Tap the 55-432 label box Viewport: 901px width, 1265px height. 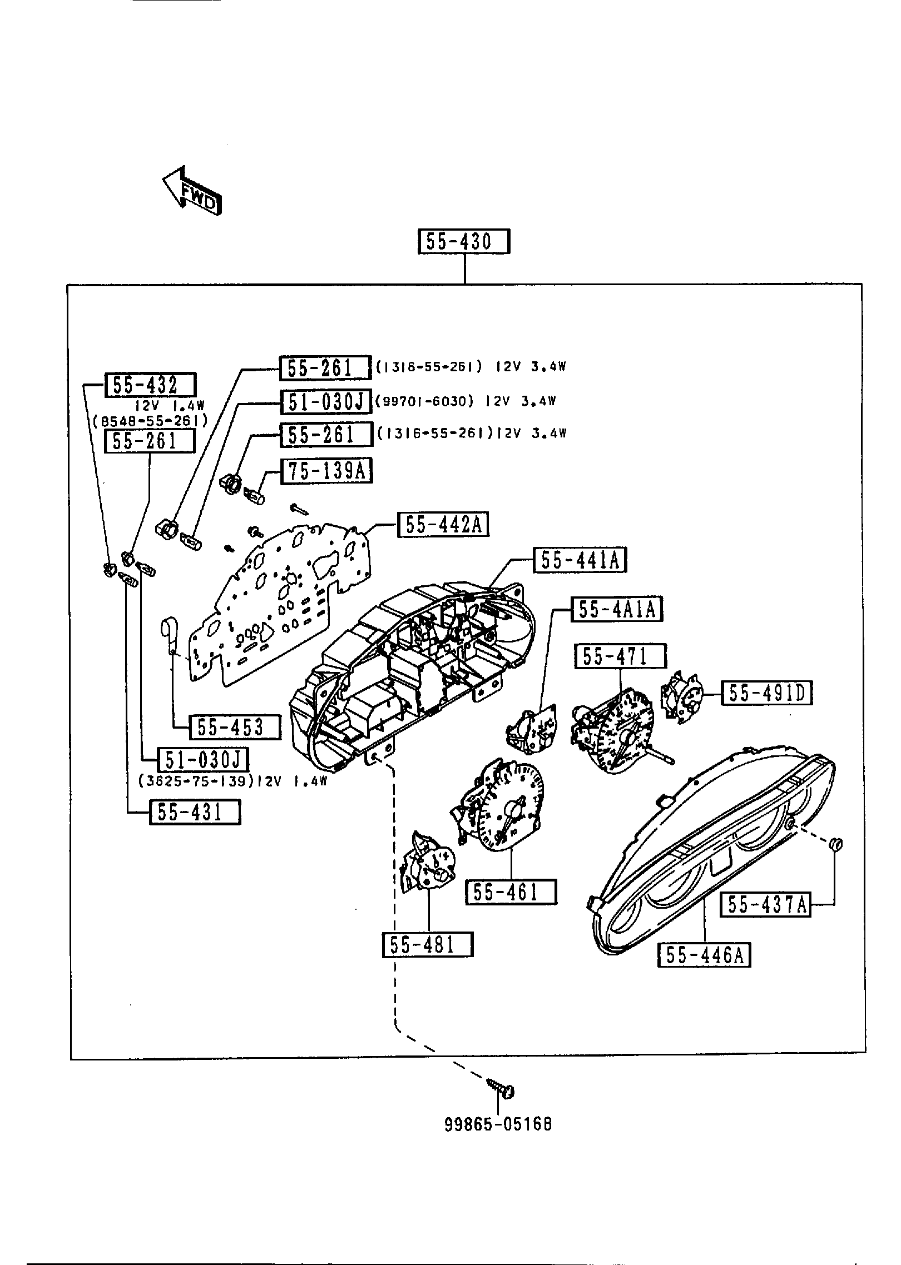pos(150,385)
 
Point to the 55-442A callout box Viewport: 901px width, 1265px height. pos(443,525)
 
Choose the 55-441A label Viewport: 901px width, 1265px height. pos(580,560)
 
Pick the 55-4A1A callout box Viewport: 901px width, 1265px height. pos(617,610)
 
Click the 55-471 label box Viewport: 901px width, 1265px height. pos(620,656)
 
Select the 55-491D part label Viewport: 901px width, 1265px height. pos(766,693)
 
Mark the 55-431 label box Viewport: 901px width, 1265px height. pos(195,813)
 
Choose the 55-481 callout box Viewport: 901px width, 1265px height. pos(427,945)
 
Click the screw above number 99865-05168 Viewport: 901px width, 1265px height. pos(501,1088)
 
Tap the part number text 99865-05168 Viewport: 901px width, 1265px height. pos(498,1124)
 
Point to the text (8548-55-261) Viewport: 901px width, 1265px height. pos(150,421)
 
